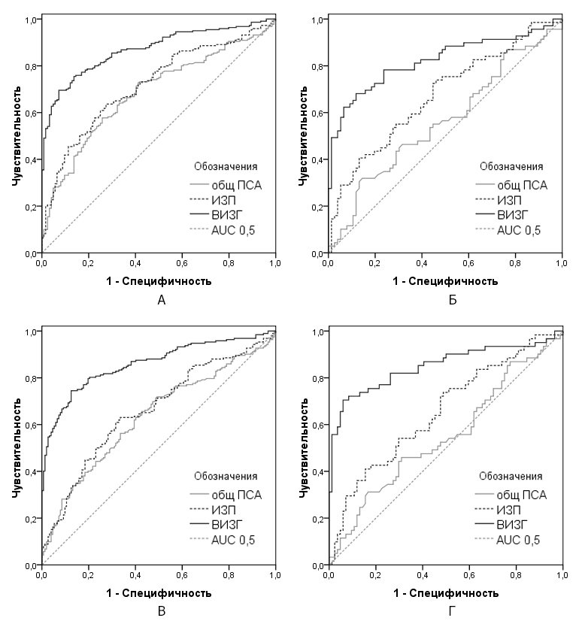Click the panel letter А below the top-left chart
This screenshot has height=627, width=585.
tap(159, 301)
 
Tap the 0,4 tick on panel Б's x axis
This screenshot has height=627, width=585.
tap(423, 262)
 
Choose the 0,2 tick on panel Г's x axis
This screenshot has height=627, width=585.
tap(376, 574)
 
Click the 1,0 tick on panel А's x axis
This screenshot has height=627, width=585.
tap(275, 262)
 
